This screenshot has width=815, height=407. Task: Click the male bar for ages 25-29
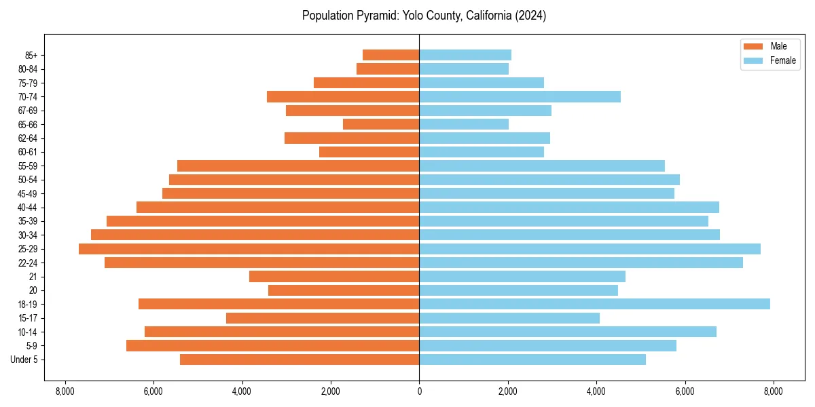pos(249,249)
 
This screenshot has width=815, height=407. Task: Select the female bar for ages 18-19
pos(594,304)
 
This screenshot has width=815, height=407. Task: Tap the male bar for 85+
pos(391,55)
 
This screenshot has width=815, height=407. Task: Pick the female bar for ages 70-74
pos(520,96)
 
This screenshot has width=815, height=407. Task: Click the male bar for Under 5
pos(300,360)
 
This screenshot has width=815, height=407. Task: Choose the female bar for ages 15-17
pos(509,318)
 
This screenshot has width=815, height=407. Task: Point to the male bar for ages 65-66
pos(381,124)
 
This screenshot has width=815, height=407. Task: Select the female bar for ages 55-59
pos(542,166)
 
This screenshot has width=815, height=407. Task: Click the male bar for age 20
pos(344,290)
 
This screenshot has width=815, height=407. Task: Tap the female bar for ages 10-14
pos(568,332)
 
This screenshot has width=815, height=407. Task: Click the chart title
pos(424,16)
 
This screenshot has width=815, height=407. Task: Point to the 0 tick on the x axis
pos(419,391)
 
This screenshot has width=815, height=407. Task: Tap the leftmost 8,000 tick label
pos(65,391)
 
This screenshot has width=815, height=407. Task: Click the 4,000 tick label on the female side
pos(596,391)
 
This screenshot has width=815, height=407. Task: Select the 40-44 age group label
pos(27,208)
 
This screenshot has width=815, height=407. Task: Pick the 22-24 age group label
pos(27,263)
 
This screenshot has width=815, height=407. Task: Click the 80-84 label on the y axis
pos(27,69)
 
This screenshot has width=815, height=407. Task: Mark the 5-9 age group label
pos(31,346)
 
